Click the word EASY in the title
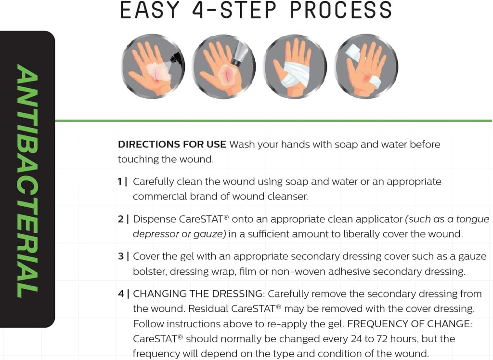pyautogui.click(x=150, y=11)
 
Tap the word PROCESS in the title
pyautogui.click(x=340, y=11)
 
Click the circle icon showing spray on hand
pyautogui.click(x=153, y=67)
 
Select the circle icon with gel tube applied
pyautogui.click(x=224, y=67)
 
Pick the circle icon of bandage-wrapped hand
pyautogui.click(x=295, y=67)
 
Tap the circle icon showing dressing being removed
pyautogui.click(x=366, y=67)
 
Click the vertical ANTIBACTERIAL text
pyautogui.click(x=27, y=180)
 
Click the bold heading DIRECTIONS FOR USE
pyautogui.click(x=172, y=144)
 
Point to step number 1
pyautogui.click(x=120, y=182)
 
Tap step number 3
pyautogui.click(x=121, y=256)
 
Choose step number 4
pyautogui.click(x=121, y=294)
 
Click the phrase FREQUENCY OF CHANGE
pyautogui.click(x=409, y=324)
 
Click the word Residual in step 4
pyautogui.click(x=208, y=308)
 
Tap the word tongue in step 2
pyautogui.click(x=473, y=219)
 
